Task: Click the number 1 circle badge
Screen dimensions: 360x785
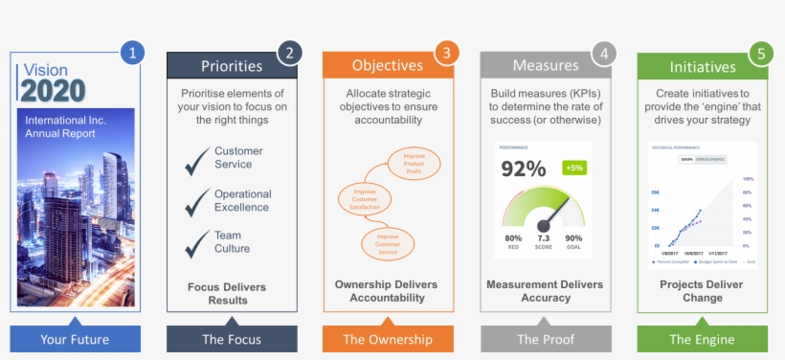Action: (x=131, y=54)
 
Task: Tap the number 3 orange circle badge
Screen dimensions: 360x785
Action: (x=444, y=54)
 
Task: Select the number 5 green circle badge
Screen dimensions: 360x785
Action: (x=760, y=54)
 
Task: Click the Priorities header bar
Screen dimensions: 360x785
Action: (x=231, y=66)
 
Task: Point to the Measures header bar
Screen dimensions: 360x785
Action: (x=545, y=66)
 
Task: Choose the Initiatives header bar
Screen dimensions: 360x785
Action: (x=702, y=67)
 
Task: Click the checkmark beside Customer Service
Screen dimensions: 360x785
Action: (x=198, y=161)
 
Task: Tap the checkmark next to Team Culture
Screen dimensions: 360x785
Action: (x=198, y=242)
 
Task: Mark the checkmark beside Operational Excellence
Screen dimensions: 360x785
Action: (x=198, y=201)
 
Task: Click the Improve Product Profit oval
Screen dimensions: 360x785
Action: (x=415, y=164)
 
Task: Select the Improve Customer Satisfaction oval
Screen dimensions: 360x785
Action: (x=366, y=199)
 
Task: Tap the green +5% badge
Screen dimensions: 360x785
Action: (x=574, y=168)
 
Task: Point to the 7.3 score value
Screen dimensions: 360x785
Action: (x=543, y=237)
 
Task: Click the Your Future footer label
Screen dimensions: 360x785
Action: (x=75, y=339)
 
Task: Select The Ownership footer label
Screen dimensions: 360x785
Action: (x=388, y=339)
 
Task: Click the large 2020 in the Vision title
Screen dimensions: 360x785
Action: (x=54, y=91)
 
